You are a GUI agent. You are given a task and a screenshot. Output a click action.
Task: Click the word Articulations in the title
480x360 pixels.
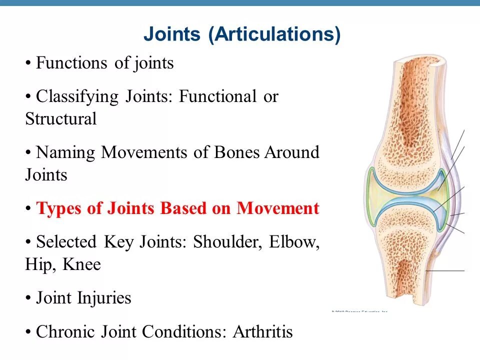(x=274, y=35)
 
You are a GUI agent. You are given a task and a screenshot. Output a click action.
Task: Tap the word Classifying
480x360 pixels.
(x=77, y=96)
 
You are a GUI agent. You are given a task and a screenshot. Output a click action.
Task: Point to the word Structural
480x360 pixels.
(x=60, y=119)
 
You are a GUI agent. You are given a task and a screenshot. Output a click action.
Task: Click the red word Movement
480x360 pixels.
(x=277, y=208)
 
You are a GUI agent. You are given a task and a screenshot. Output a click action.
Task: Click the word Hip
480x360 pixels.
(x=39, y=264)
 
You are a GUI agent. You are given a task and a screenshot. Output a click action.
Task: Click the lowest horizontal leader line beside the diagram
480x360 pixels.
(x=445, y=270)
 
